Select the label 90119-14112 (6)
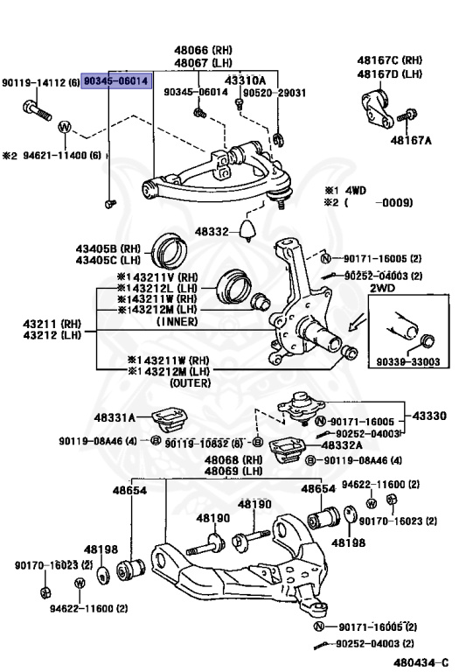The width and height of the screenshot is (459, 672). pos(40,81)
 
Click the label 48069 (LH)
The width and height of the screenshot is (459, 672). pos(233,471)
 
